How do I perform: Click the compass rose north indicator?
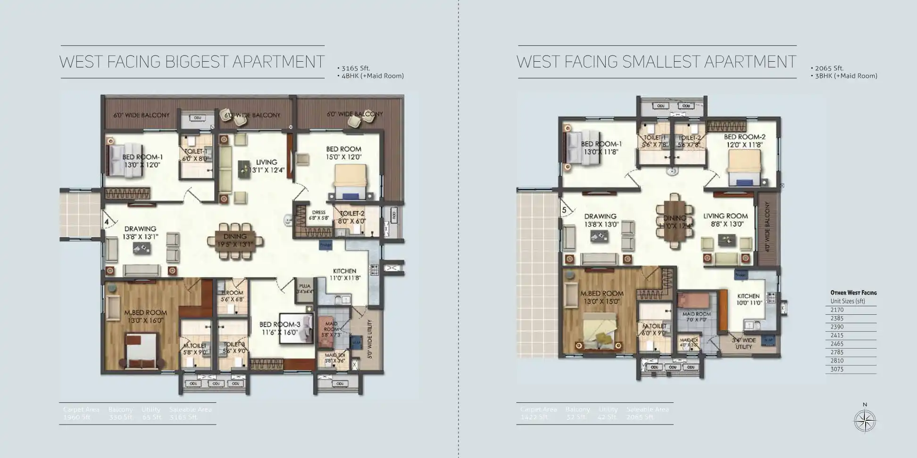coord(865,420)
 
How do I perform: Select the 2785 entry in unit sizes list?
coord(837,352)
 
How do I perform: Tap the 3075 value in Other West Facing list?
coord(837,369)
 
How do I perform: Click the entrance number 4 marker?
coord(107,221)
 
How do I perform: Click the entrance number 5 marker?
coord(564,210)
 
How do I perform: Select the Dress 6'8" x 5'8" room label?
coord(318,215)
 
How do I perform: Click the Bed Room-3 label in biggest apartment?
coord(279,328)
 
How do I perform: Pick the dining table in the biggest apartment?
coord(234,241)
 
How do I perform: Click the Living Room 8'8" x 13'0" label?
coord(725,220)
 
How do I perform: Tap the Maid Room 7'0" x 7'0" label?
coord(696,317)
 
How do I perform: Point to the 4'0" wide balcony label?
coord(767,227)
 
